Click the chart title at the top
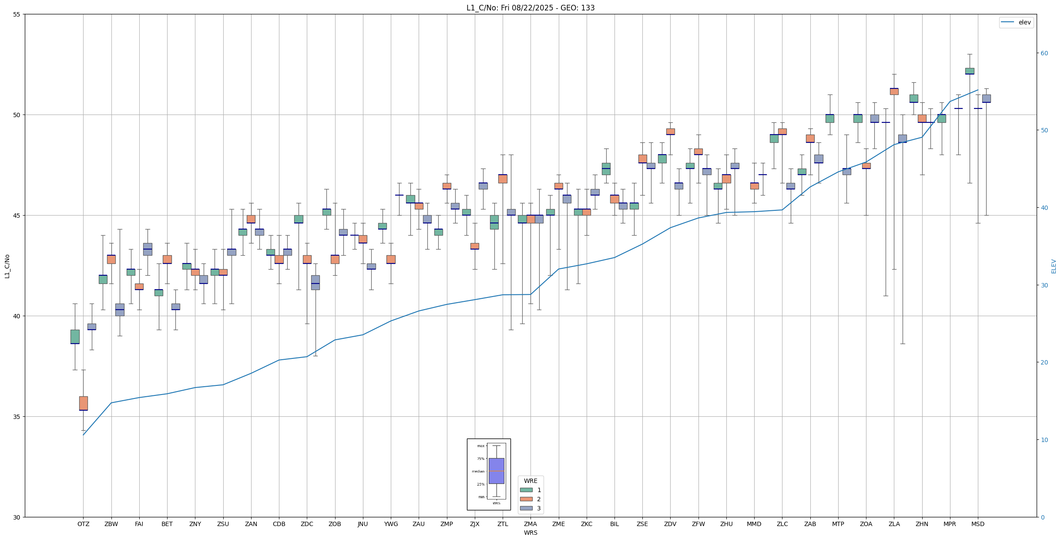530,8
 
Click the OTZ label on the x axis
83,524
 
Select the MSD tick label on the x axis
977,524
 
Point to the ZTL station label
502,524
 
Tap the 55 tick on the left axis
17,14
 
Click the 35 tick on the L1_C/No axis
17,417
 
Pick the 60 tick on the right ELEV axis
1044,53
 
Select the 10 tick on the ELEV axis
1044,440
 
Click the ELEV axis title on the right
1054,266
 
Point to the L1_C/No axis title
7,266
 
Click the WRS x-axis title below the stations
530,533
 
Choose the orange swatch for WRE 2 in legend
526,499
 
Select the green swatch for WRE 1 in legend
526,490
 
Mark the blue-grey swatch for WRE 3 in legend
526,508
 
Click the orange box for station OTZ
83,403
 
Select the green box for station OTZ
75,337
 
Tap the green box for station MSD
969,71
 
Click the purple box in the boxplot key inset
496,471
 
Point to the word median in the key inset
478,471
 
